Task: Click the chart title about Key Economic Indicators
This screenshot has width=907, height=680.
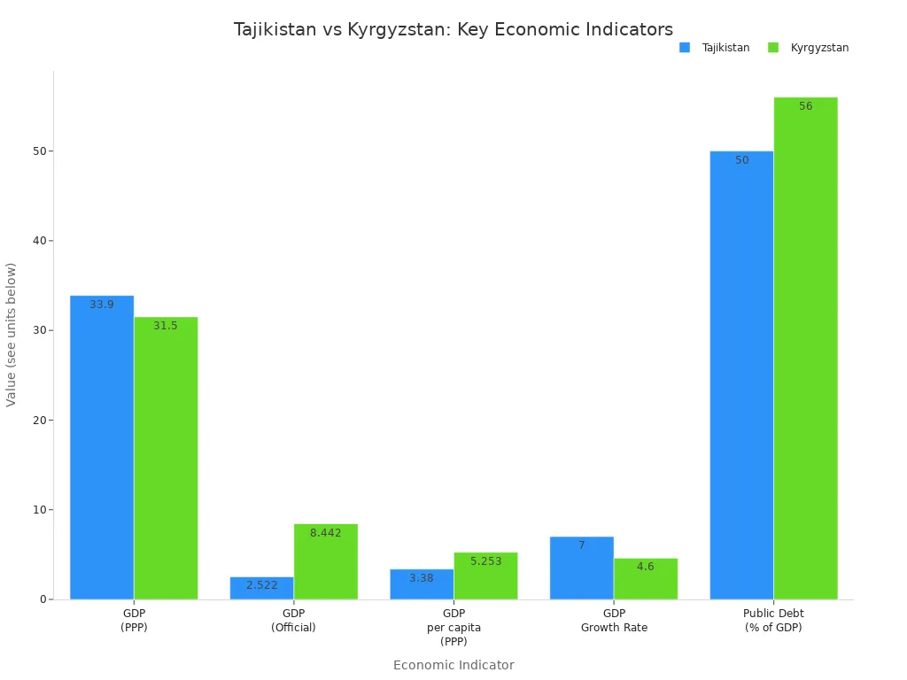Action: click(x=453, y=30)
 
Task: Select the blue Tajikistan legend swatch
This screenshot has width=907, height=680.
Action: click(x=685, y=48)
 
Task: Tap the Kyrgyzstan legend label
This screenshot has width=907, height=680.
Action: click(x=819, y=48)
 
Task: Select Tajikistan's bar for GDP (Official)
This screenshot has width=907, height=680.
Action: click(x=261, y=588)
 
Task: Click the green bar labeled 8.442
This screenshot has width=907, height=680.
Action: click(x=325, y=561)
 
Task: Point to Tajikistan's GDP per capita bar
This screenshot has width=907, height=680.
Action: click(x=422, y=584)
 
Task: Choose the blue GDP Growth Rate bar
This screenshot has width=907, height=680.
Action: click(x=581, y=568)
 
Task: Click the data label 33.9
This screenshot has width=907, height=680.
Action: click(x=102, y=305)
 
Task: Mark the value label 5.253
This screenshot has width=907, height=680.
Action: click(x=485, y=561)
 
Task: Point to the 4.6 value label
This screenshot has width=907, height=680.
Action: click(x=645, y=567)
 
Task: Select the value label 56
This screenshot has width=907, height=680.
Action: click(x=805, y=106)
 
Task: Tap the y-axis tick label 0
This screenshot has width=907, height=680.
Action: click(x=43, y=599)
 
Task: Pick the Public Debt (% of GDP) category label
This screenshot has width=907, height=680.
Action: click(x=773, y=621)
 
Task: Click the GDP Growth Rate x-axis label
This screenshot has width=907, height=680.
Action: click(x=614, y=621)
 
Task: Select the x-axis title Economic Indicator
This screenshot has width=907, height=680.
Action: click(x=453, y=665)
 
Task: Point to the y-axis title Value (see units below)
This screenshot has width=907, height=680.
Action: click(x=12, y=335)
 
